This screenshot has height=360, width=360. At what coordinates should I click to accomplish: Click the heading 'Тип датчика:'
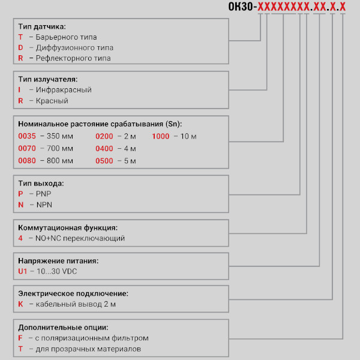(42, 26)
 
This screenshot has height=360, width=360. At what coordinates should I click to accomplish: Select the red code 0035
(28, 136)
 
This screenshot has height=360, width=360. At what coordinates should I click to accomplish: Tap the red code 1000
(161, 136)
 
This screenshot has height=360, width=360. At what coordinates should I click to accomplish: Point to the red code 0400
(104, 149)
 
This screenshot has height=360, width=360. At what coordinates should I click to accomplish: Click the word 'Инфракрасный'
(64, 90)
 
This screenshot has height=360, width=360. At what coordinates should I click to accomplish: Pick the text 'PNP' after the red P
(44, 194)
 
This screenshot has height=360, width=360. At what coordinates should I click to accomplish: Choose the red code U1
(23, 272)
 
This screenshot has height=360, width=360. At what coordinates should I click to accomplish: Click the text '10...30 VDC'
(58, 272)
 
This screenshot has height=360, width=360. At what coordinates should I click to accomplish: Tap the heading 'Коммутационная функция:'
(68, 228)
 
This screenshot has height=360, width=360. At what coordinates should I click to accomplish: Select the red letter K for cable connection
(21, 305)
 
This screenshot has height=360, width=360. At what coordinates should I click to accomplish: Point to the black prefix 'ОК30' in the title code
(241, 7)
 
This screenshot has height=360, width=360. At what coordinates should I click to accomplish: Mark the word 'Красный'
(52, 101)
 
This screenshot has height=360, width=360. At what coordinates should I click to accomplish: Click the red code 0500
(104, 161)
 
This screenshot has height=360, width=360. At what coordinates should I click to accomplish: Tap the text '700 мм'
(59, 149)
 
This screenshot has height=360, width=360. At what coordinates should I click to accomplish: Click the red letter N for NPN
(21, 205)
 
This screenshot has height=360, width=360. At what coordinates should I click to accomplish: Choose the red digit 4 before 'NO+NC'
(21, 238)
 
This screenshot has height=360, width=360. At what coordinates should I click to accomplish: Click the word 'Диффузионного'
(62, 47)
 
